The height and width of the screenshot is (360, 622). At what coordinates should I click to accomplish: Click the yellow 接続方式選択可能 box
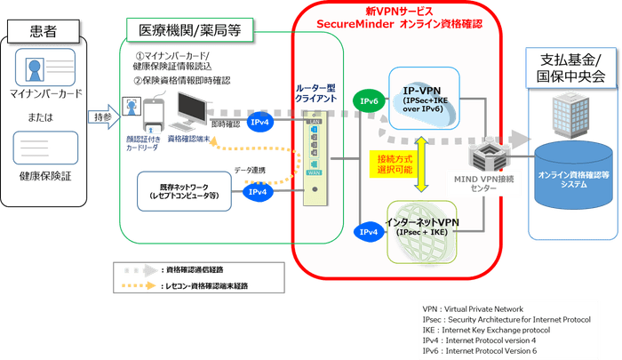389,163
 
